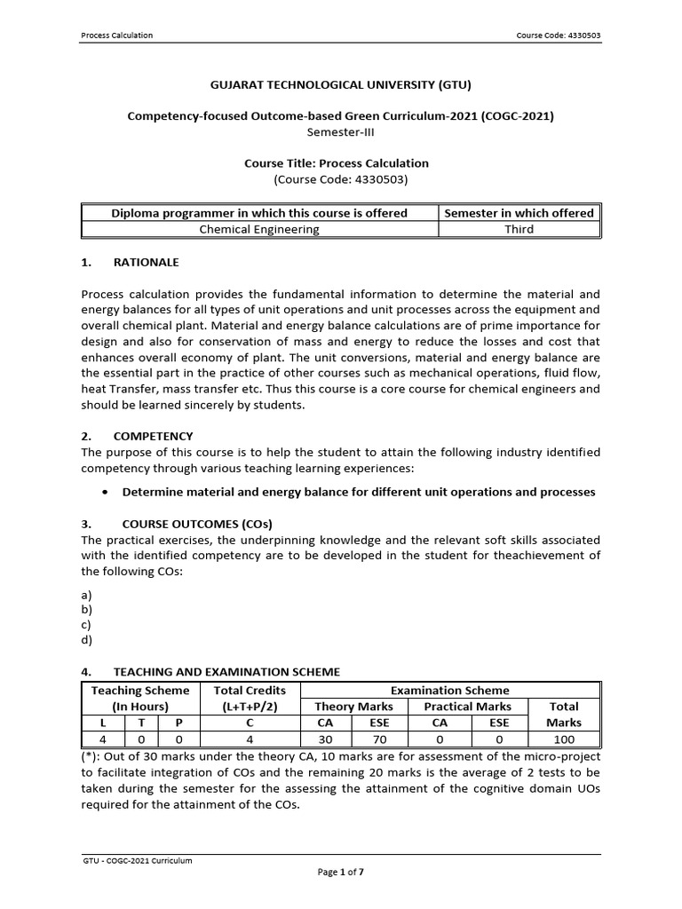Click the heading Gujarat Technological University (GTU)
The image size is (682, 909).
coord(340,85)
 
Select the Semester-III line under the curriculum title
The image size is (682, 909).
coord(340,130)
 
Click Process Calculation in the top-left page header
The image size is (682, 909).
coord(117,36)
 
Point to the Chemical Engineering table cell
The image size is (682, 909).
coord(259,229)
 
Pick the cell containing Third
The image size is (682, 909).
coord(519,229)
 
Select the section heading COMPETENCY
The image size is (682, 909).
coord(153,436)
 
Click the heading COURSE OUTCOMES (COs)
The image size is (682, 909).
coord(193,524)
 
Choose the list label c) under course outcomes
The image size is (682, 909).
coord(86,624)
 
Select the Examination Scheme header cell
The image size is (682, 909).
coord(451,690)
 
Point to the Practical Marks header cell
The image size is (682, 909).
coord(466,707)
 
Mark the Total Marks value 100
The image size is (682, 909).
coord(564,739)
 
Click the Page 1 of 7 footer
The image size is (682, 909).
coord(341,873)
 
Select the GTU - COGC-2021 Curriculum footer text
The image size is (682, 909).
coord(137,860)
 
